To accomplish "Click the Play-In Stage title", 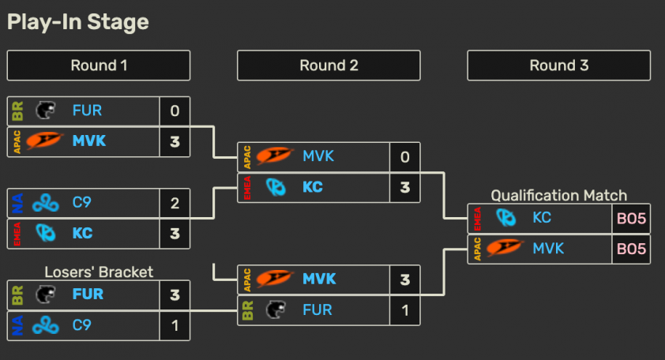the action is (78, 22).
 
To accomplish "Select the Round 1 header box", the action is (99, 66).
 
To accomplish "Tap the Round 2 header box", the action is (329, 66).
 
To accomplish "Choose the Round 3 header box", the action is (559, 66).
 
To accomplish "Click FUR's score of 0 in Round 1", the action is (175, 111).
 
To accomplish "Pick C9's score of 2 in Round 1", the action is (175, 203).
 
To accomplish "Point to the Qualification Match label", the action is (559, 196).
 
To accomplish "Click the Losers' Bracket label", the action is (99, 272).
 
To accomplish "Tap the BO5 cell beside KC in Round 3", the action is (631, 219).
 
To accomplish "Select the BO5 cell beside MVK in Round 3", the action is (631, 249).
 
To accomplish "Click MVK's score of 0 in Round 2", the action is (405, 157).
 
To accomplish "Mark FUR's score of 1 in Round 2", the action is (405, 310).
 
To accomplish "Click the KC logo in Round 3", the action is (506, 218).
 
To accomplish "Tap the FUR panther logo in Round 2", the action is (276, 309).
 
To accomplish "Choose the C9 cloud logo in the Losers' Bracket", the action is (46, 325).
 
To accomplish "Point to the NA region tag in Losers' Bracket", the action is (17, 325).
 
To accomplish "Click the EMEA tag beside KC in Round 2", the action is (247, 187).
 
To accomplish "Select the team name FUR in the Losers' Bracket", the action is (88, 294).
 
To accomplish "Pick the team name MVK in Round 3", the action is (548, 248).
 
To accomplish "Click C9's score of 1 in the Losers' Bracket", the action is (175, 325).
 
